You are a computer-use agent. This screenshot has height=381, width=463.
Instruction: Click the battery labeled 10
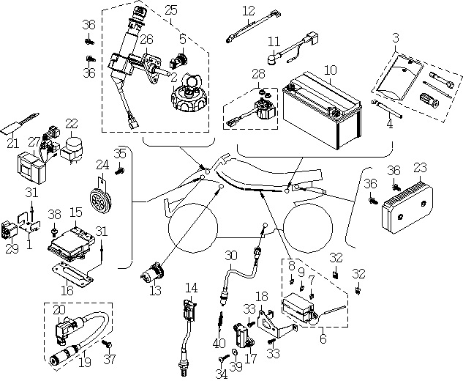coord(322,111)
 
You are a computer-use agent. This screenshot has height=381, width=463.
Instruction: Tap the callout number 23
coord(420,168)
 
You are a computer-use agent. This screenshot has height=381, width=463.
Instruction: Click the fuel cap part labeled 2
coord(187,94)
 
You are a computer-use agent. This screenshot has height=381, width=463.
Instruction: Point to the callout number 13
coord(155,290)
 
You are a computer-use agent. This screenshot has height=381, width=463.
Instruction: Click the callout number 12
coord(249,11)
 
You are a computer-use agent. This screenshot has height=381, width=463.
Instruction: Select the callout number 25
coord(171,11)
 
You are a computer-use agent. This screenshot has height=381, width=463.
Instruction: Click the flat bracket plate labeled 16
coord(72,275)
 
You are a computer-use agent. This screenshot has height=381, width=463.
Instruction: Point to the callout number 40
coord(219,344)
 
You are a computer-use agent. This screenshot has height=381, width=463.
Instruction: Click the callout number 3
coord(396,38)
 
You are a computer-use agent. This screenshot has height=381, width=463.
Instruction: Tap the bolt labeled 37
coord(107,344)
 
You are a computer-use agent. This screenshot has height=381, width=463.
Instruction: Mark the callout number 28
coord(258,74)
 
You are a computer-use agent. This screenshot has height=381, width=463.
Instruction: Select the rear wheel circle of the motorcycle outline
coord(308,228)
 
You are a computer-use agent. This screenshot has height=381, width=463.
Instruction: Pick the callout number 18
coord(262,297)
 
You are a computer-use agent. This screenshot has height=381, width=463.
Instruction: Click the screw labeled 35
coord(120,171)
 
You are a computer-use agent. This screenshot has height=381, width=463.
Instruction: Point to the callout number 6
coord(323,339)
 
